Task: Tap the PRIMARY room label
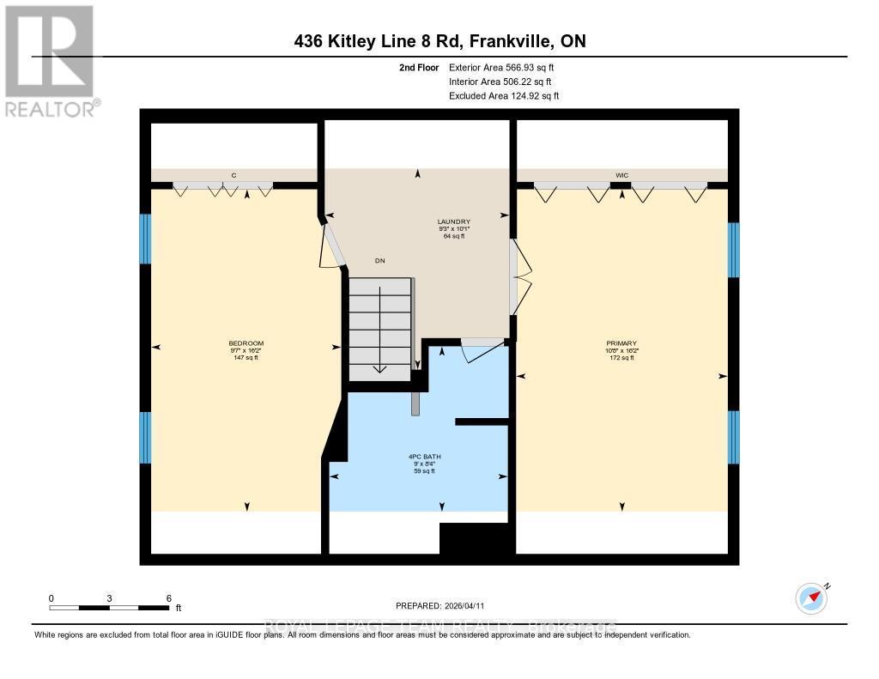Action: (x=621, y=343)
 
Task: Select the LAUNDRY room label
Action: (x=453, y=221)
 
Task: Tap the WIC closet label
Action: (x=622, y=175)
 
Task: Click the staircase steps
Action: (x=380, y=329)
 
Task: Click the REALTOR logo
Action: (x=50, y=60)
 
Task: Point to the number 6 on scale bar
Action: (x=169, y=598)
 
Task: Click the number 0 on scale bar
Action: (x=52, y=598)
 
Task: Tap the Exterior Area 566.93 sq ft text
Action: (x=506, y=67)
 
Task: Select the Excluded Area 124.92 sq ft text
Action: (x=504, y=96)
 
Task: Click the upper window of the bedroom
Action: (x=145, y=238)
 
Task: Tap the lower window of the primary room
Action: (x=733, y=436)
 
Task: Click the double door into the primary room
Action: (x=518, y=277)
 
